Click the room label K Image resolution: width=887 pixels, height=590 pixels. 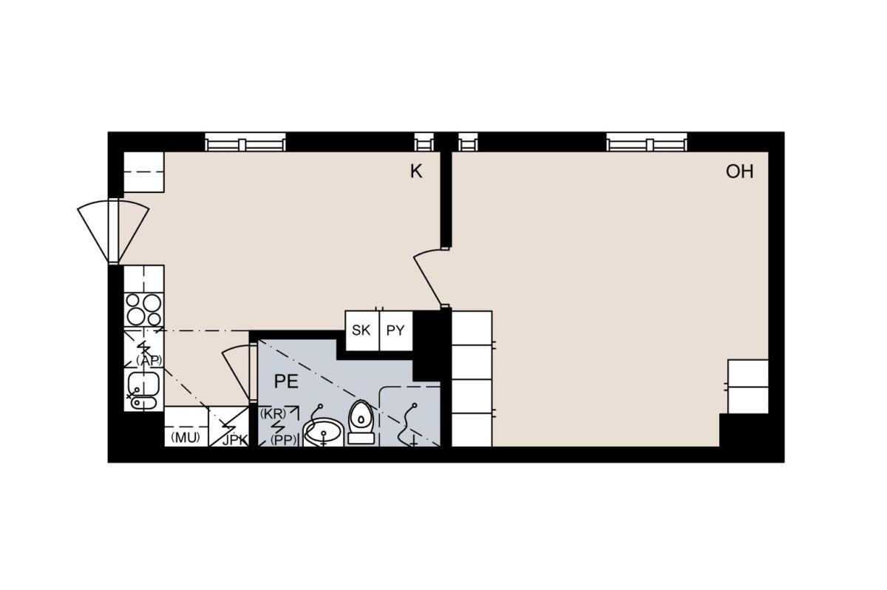(416, 172)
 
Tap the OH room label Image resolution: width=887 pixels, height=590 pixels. (740, 172)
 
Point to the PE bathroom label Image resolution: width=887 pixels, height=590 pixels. (286, 382)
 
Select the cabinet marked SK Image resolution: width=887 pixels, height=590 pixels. (362, 330)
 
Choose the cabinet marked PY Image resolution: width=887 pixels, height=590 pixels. (396, 330)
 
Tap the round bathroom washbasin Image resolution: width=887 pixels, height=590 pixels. (323, 433)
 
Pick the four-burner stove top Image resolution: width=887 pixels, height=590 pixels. (143, 310)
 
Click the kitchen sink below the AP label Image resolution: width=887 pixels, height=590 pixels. (143, 390)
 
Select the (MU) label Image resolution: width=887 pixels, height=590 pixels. (185, 438)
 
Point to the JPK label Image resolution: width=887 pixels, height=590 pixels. (235, 440)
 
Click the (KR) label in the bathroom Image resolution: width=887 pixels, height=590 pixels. (273, 414)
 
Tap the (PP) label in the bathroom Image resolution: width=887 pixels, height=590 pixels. (284, 440)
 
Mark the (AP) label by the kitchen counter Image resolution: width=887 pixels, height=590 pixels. (149, 360)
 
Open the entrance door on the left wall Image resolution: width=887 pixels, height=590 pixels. (113, 231)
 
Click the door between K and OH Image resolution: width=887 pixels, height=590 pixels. (428, 277)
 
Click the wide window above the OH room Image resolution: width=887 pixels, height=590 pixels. (647, 142)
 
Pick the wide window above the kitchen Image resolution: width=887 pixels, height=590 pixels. (245, 142)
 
